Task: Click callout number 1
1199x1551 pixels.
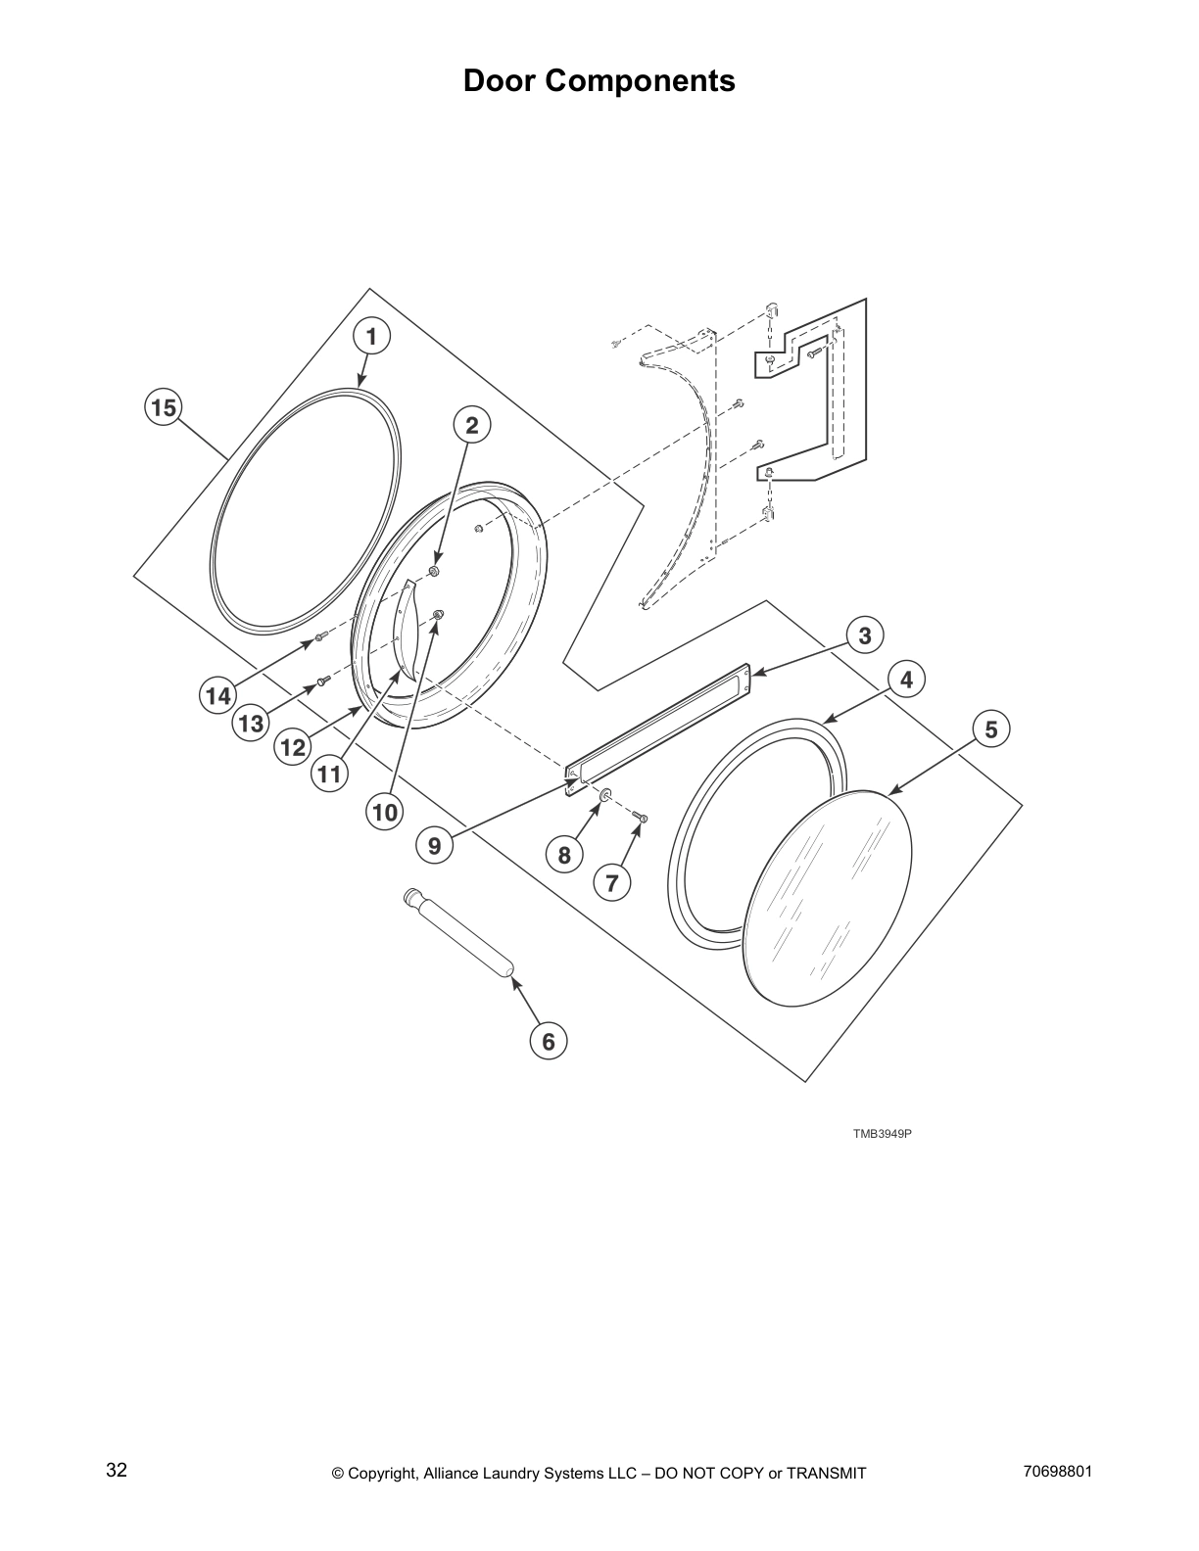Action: tap(371, 337)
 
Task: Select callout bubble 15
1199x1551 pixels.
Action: tap(164, 406)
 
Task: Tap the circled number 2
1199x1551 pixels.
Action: tap(472, 425)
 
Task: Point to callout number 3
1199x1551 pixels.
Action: tap(865, 635)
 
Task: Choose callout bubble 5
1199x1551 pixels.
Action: tap(991, 729)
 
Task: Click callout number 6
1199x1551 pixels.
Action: tap(548, 1042)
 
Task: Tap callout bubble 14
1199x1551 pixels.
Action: tap(217, 696)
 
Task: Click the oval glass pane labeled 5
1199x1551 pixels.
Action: tap(828, 896)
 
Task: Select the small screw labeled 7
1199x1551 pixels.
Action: tap(641, 818)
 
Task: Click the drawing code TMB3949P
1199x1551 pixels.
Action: tap(882, 1134)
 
